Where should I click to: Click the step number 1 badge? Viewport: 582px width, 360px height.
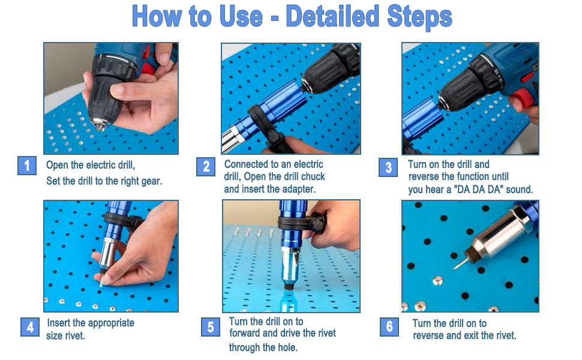tap(27, 166)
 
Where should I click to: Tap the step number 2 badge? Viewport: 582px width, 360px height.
tap(206, 167)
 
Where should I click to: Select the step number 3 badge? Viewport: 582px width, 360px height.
tap(388, 167)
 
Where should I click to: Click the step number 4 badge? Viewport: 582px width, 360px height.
tap(30, 327)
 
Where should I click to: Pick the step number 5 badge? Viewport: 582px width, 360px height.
tap(211, 327)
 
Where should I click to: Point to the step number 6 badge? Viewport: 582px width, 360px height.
tap(389, 327)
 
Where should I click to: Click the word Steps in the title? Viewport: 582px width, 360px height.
tap(419, 17)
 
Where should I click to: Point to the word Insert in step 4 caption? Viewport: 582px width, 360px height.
tap(59, 323)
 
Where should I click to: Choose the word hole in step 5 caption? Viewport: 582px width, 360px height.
tap(289, 348)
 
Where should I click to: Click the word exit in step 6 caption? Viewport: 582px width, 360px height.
tap(471, 335)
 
